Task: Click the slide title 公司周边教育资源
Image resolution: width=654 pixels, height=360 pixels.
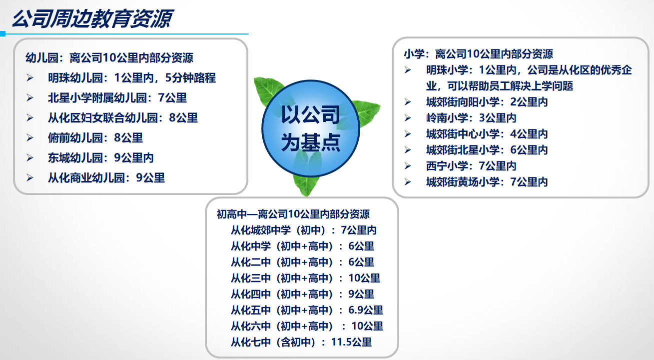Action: (92, 18)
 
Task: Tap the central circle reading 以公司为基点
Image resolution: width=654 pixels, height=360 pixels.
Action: (311, 128)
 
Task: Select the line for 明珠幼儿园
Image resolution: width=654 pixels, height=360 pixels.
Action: (132, 77)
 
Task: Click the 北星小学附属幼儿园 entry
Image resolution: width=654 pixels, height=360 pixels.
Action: (117, 98)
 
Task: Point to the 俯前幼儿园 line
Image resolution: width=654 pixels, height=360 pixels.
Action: (95, 137)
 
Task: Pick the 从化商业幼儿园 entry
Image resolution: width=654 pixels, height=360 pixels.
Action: (106, 177)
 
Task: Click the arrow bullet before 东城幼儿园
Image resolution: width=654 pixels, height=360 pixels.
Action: (30, 158)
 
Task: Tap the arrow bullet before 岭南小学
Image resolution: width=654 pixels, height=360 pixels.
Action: (408, 118)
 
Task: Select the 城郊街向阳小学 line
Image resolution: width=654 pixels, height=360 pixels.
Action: (487, 102)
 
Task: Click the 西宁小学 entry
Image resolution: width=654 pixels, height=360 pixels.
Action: (471, 166)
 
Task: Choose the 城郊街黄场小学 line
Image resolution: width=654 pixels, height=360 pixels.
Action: (487, 182)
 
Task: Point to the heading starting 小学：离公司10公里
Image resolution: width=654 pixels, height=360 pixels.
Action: (478, 54)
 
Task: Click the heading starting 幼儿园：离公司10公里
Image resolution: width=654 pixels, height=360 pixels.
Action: (109, 57)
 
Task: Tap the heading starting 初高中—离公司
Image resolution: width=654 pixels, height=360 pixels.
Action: (293, 214)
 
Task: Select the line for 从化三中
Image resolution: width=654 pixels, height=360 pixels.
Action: (305, 278)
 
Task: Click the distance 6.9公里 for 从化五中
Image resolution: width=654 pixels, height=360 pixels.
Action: (366, 310)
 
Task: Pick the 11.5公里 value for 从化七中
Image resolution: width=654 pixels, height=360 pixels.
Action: (351, 342)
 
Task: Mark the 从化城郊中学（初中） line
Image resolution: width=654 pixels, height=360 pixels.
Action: (304, 230)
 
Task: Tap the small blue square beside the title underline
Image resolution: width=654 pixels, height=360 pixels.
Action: (2, 34)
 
